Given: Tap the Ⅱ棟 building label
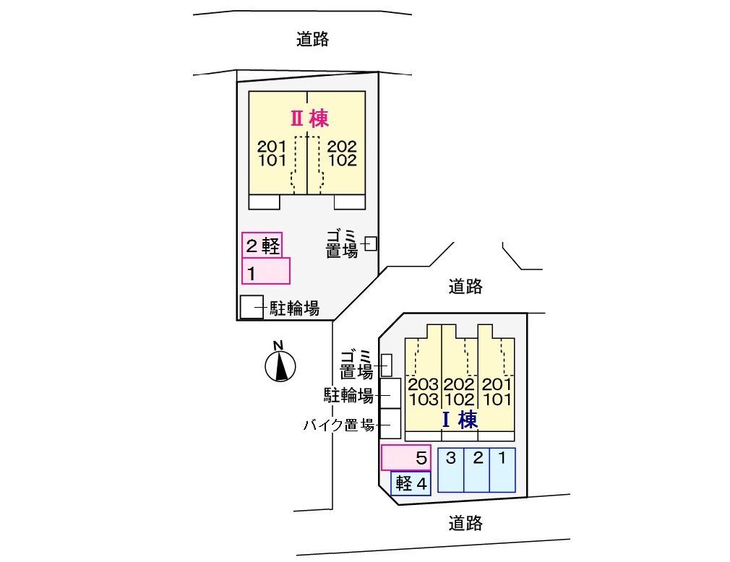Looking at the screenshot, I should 309,118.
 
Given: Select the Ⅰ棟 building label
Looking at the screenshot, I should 459,420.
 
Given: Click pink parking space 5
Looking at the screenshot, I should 405,457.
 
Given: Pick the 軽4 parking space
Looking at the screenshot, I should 411,483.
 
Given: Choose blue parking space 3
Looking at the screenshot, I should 450,470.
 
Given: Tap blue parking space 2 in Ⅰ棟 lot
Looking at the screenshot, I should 477,470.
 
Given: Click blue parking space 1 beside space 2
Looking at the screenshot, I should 502,470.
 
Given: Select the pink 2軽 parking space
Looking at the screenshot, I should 261,246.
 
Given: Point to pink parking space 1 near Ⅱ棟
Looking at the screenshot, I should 266,271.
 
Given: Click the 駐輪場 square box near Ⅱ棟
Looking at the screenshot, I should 252,308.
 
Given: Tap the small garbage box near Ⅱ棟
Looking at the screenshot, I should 371,243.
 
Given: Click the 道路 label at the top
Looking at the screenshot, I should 312,40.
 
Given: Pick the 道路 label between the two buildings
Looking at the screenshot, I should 465,287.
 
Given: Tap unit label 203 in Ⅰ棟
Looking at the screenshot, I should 423,384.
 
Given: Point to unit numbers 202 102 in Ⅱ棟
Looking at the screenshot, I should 342,153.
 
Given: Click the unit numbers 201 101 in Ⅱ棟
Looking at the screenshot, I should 272,153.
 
